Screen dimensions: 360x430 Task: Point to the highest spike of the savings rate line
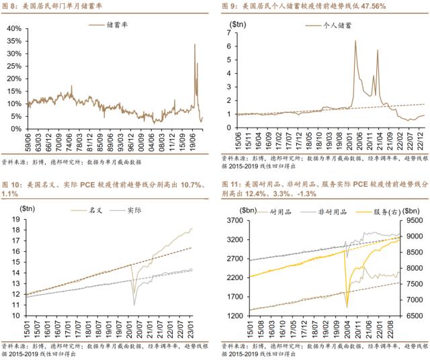click(x=195, y=44)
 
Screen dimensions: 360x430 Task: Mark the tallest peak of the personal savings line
click(x=355, y=41)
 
